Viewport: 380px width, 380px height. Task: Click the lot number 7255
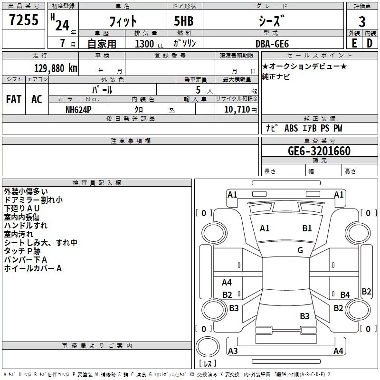(x=24, y=20)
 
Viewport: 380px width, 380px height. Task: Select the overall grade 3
(x=362, y=22)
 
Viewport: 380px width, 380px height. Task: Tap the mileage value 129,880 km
(x=56, y=68)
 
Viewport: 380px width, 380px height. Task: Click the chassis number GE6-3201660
(x=319, y=151)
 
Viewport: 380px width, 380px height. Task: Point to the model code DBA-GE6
(x=272, y=44)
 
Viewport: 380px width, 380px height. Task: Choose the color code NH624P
(x=78, y=110)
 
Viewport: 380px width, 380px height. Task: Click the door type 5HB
(x=184, y=21)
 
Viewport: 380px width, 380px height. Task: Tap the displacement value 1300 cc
(x=149, y=44)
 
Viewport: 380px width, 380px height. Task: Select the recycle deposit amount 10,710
(x=237, y=110)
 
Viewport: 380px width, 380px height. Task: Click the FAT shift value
(x=14, y=99)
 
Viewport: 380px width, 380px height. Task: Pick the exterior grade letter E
(x=354, y=43)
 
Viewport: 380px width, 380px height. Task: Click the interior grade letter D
(x=370, y=43)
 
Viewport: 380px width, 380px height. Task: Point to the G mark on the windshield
(x=300, y=250)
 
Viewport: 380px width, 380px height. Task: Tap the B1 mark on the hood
(x=307, y=228)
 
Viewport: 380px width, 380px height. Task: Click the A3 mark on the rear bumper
(x=233, y=351)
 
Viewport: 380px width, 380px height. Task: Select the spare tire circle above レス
(x=208, y=346)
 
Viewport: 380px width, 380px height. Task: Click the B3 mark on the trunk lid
(x=304, y=316)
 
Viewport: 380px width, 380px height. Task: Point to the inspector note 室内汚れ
(x=19, y=234)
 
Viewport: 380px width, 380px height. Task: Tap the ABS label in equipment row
(x=291, y=128)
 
